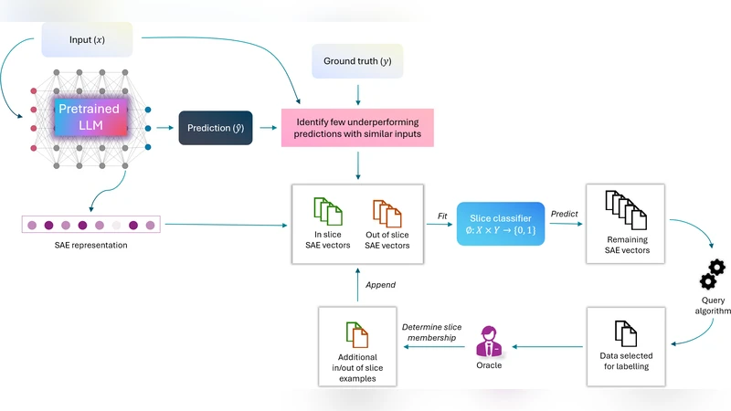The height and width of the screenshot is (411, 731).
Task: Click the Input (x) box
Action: coord(88,39)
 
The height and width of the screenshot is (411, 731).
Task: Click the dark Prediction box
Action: coord(215,128)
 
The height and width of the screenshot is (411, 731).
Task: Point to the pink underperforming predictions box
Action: coord(357,129)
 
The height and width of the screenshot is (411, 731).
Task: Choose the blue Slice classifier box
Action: coord(500,224)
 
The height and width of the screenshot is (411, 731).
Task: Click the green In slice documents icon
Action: coord(325,212)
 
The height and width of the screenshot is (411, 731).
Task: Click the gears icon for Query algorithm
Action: coord(711,275)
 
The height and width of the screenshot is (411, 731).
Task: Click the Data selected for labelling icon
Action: coord(624,335)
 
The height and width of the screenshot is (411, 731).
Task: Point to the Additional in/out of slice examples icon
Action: coord(355,335)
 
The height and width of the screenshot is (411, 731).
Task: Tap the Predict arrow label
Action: coord(564,214)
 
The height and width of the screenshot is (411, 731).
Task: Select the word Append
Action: coord(380,285)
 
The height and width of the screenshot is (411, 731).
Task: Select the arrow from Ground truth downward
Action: coord(357,93)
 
